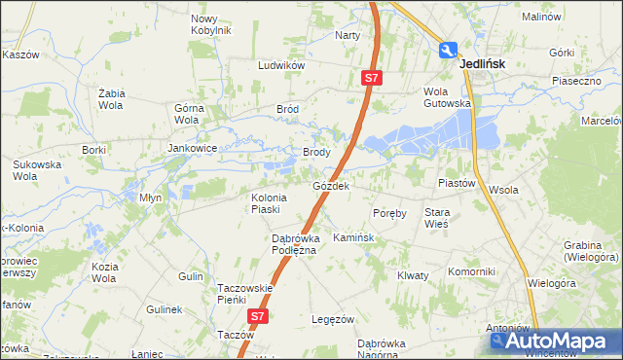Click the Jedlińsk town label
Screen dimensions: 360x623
pyautogui.click(x=487, y=63)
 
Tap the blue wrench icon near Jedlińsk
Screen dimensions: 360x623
pyautogui.click(x=448, y=51)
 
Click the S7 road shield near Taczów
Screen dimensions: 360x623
pyautogui.click(x=257, y=316)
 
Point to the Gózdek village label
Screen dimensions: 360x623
pyautogui.click(x=331, y=185)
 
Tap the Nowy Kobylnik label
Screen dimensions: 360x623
pyautogui.click(x=210, y=25)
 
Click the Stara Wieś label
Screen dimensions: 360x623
pyautogui.click(x=436, y=217)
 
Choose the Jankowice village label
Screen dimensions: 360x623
pyautogui.click(x=191, y=148)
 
